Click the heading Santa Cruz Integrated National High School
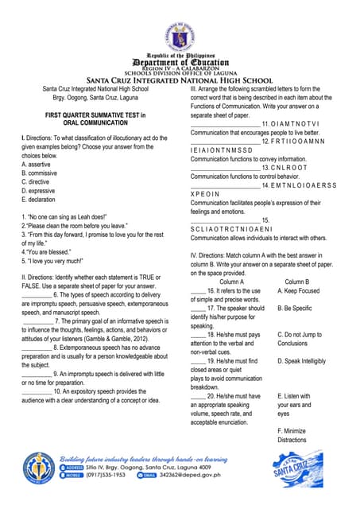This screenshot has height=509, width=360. click(x=180, y=80)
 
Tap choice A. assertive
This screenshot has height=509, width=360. click(x=40, y=165)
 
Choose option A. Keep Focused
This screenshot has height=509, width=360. click(x=299, y=290)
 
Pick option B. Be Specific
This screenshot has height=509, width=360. click(x=295, y=308)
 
